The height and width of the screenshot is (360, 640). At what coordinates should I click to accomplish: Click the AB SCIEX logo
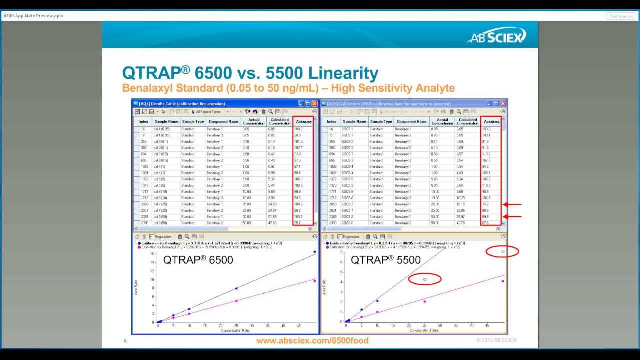pos(496,36)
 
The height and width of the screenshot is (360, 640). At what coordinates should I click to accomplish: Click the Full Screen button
pos(621,16)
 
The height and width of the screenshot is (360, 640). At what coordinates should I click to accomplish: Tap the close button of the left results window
pos(314,103)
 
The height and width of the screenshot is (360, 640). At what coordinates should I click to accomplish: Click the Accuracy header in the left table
pos(303,121)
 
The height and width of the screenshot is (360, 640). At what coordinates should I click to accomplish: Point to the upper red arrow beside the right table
pos(512,204)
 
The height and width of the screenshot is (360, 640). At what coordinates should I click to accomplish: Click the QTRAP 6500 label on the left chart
pos(198,260)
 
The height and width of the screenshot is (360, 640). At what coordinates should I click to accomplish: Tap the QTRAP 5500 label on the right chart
pos(385,260)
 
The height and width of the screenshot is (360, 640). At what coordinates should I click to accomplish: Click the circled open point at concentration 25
pos(425,279)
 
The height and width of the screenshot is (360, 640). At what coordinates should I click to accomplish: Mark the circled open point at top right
pos(503,251)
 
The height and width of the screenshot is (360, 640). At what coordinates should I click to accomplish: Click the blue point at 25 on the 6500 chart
pos(236,288)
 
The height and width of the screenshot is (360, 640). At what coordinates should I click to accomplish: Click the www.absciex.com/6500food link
pos(312,341)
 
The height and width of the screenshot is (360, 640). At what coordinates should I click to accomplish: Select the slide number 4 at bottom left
pos(125,341)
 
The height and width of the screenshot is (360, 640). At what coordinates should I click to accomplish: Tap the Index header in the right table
pos(331,121)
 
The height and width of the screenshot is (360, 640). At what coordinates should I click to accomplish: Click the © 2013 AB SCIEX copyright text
pos(496,340)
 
